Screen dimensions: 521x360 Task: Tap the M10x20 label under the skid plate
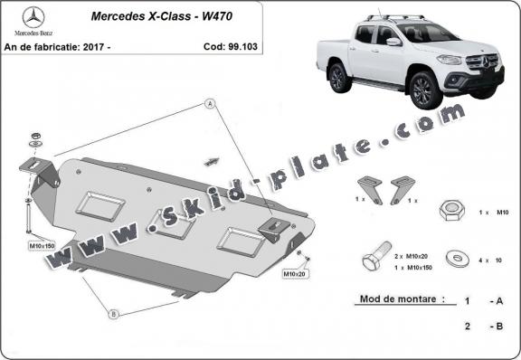click(295, 272)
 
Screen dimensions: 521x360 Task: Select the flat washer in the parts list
click(459, 260)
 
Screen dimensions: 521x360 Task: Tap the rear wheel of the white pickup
click(339, 79)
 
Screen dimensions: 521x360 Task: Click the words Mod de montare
click(392, 298)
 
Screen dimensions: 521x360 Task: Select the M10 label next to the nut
click(504, 211)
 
